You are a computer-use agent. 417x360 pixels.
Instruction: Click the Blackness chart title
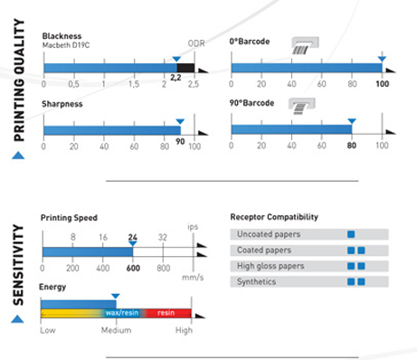(x=62, y=36)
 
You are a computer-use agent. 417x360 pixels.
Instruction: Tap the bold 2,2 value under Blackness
(x=175, y=78)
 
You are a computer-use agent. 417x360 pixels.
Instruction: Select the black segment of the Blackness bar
(x=185, y=68)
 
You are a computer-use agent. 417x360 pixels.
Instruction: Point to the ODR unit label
(x=196, y=43)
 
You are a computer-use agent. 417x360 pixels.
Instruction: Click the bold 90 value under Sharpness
(x=180, y=141)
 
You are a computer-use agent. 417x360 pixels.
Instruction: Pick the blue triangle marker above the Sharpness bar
(x=180, y=121)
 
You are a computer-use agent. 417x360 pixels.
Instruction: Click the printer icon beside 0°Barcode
(x=305, y=45)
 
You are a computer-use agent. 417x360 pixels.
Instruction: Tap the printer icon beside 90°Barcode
(x=302, y=106)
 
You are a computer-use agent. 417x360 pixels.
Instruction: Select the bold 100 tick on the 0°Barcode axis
(x=382, y=84)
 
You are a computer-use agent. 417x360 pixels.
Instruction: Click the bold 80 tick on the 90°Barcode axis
(x=352, y=146)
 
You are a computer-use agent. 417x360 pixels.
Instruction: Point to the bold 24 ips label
(x=132, y=237)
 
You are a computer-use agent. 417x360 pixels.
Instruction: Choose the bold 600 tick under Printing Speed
(x=133, y=268)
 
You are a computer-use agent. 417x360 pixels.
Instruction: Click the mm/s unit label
(x=193, y=278)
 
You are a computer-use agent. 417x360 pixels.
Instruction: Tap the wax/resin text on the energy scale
(x=122, y=313)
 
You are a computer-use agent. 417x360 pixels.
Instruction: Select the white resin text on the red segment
(x=166, y=313)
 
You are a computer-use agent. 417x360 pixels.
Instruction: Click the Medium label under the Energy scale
(x=116, y=330)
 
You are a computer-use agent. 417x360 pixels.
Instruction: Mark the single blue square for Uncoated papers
(x=351, y=234)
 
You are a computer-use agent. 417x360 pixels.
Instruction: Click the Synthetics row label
(x=256, y=282)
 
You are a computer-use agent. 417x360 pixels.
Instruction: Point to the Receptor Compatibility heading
(x=274, y=217)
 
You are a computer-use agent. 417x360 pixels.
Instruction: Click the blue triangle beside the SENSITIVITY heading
(x=17, y=318)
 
